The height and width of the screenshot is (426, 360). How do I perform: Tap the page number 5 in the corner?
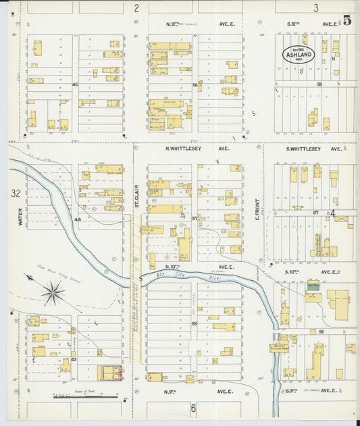[x=346, y=20]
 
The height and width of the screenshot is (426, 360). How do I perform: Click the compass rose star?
[x=53, y=293]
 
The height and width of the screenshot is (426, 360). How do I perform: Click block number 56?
[x=195, y=85]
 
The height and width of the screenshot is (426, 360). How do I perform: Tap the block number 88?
[x=319, y=84]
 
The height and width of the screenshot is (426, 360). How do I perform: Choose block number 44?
[x=77, y=219]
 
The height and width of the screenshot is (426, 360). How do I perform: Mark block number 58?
[x=195, y=324]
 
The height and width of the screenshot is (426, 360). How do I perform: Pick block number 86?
[x=322, y=331]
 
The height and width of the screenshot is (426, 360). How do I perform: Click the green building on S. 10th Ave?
[x=312, y=287]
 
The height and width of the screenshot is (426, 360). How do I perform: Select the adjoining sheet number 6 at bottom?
[x=193, y=408]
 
